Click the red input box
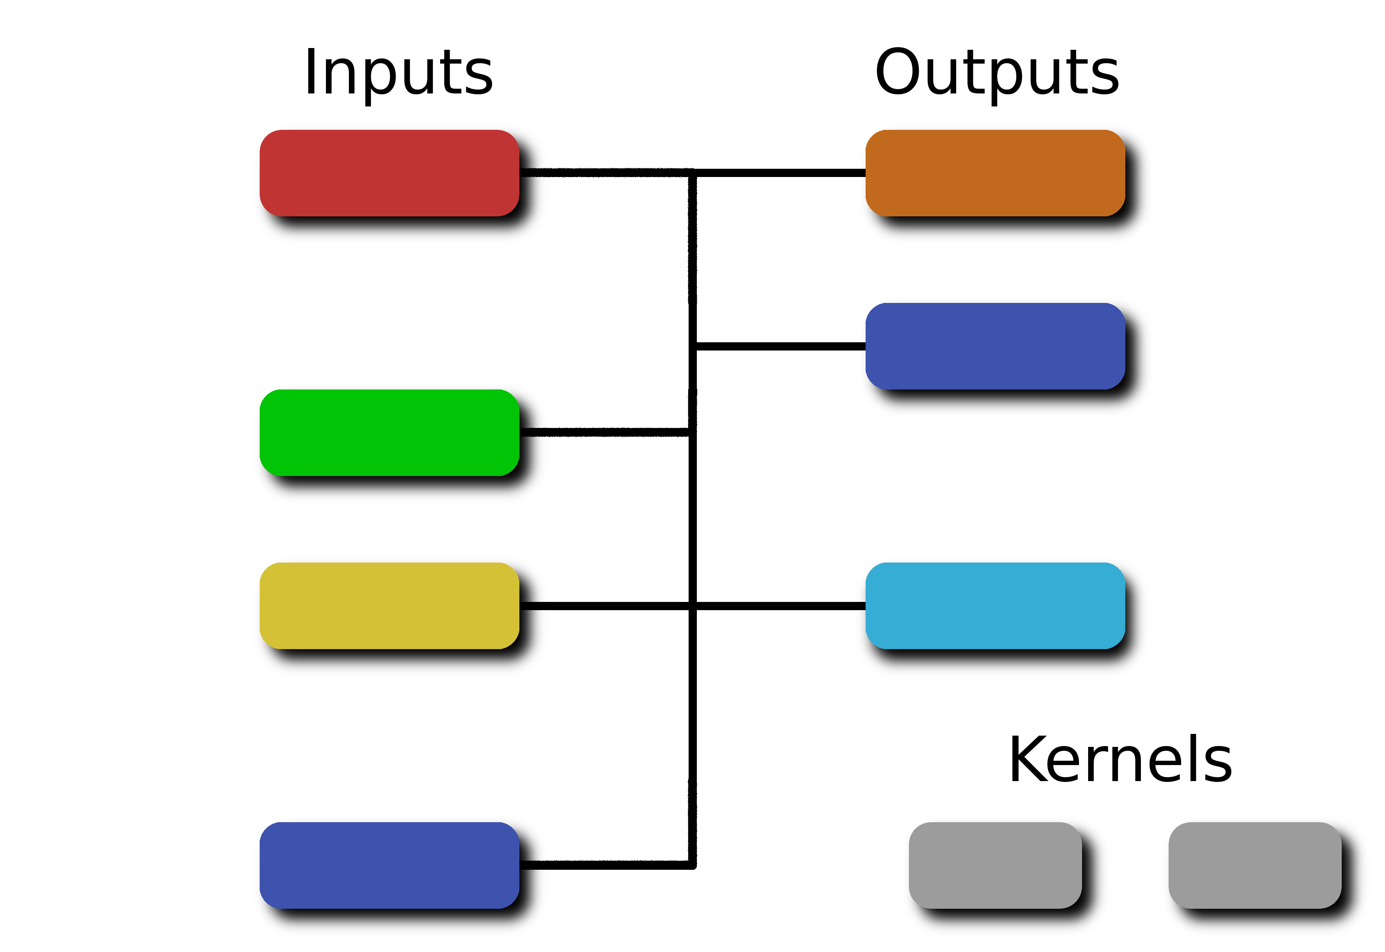tap(389, 173)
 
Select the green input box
tap(389, 432)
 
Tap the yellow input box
tap(389, 605)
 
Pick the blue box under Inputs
tap(389, 865)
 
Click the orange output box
tap(995, 173)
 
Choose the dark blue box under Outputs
tap(995, 346)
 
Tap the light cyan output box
tap(995, 605)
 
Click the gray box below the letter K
tap(995, 865)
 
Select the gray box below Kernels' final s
tap(1255, 865)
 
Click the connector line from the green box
tap(604, 432)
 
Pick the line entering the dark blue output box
tap(781, 346)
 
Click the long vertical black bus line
tap(692, 519)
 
